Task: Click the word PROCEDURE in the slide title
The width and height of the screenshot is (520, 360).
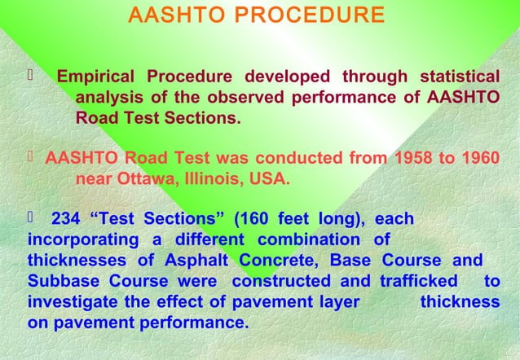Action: [x=322, y=15]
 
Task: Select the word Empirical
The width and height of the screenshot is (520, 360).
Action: [x=96, y=77]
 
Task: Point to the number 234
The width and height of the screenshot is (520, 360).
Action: [x=66, y=218]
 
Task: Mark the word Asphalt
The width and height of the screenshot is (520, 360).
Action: [x=201, y=261]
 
